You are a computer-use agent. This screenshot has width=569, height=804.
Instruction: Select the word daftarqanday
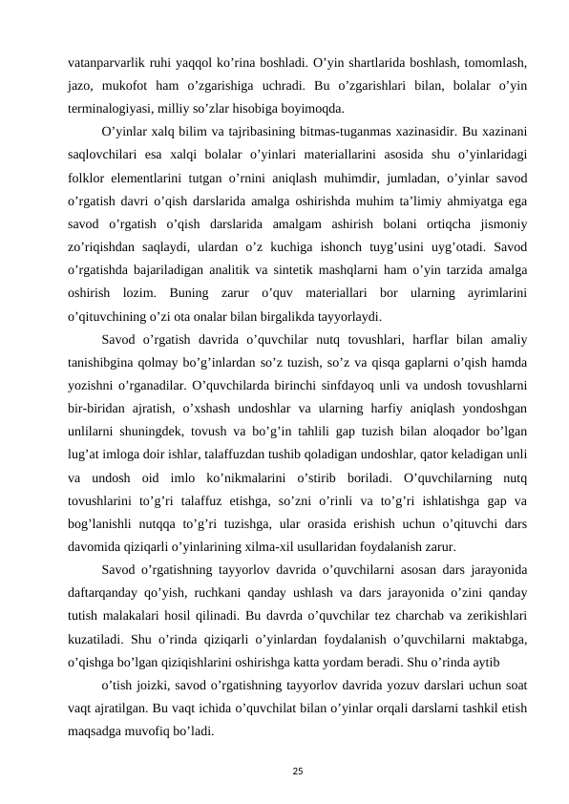[112, 590]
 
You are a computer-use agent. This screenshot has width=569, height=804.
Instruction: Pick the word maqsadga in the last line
[98, 735]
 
